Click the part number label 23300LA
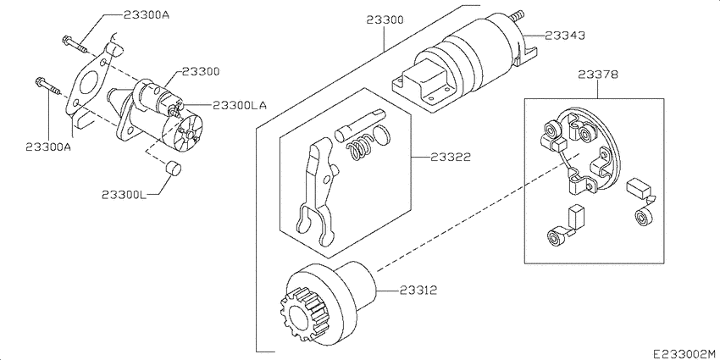(x=239, y=106)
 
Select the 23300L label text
(x=124, y=194)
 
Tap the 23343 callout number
(x=564, y=36)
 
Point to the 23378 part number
(x=597, y=75)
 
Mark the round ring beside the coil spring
(x=383, y=135)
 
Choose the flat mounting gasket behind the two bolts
(x=87, y=84)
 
